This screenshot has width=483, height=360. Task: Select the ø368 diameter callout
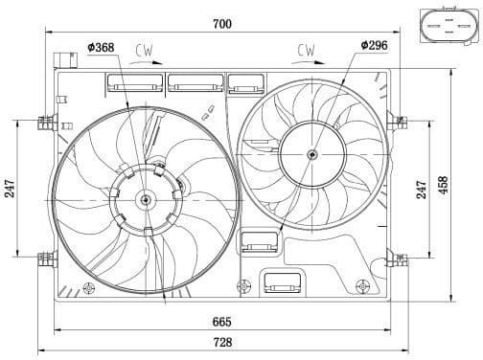(102, 46)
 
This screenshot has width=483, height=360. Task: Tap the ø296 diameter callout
(374, 44)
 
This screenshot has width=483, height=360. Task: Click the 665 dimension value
(223, 322)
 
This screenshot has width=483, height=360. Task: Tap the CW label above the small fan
(308, 48)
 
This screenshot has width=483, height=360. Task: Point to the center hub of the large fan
(146, 200)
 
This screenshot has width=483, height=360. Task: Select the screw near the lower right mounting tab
(360, 284)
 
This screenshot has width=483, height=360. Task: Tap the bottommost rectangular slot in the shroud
(283, 282)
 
